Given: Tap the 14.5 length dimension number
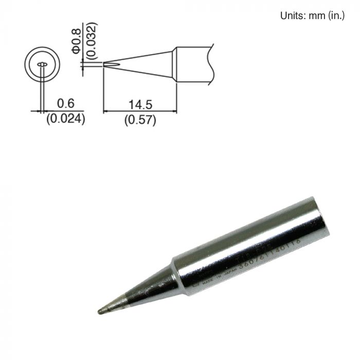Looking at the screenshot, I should point(140,104).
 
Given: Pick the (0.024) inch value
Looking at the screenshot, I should point(65,120).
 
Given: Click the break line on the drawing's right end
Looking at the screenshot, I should point(211,65).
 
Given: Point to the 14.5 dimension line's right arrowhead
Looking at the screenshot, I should point(174,111).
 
